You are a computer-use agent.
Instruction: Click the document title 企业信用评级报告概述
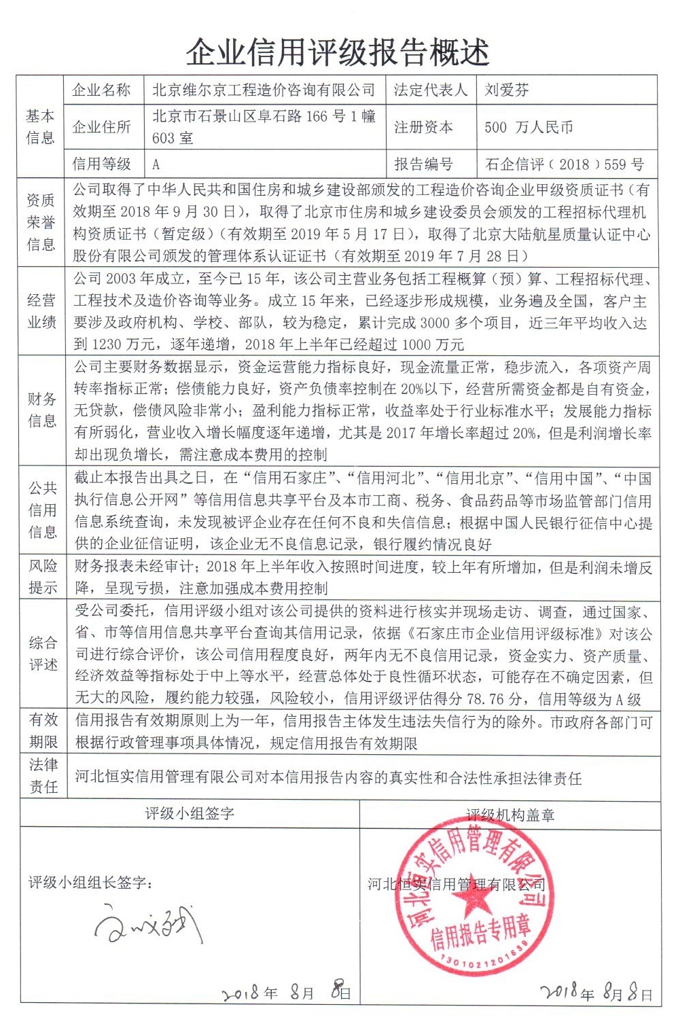coord(338,52)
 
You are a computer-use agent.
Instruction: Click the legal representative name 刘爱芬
coord(507,90)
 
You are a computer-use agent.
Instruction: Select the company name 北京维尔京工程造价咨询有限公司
coord(264,90)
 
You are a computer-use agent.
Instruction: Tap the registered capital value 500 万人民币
coord(529,127)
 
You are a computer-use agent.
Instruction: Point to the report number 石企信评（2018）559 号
coord(565,164)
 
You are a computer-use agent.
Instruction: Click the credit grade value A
coord(156,164)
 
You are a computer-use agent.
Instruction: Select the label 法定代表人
coord(431,90)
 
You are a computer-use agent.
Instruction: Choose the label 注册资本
coord(423,127)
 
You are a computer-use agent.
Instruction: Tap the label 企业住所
coord(102,127)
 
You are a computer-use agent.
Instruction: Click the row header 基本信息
coord(40,127)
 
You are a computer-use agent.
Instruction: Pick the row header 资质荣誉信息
coord(41,222)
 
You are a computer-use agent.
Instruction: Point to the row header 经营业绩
coord(41,311)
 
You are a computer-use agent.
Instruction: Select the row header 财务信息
coord(41,410)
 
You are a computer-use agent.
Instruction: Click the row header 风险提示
coord(43,577)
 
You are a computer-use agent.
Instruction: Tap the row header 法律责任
coord(43,776)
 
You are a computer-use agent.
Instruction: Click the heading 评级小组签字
coord(190,813)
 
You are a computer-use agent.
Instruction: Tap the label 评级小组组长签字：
coord(90,883)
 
